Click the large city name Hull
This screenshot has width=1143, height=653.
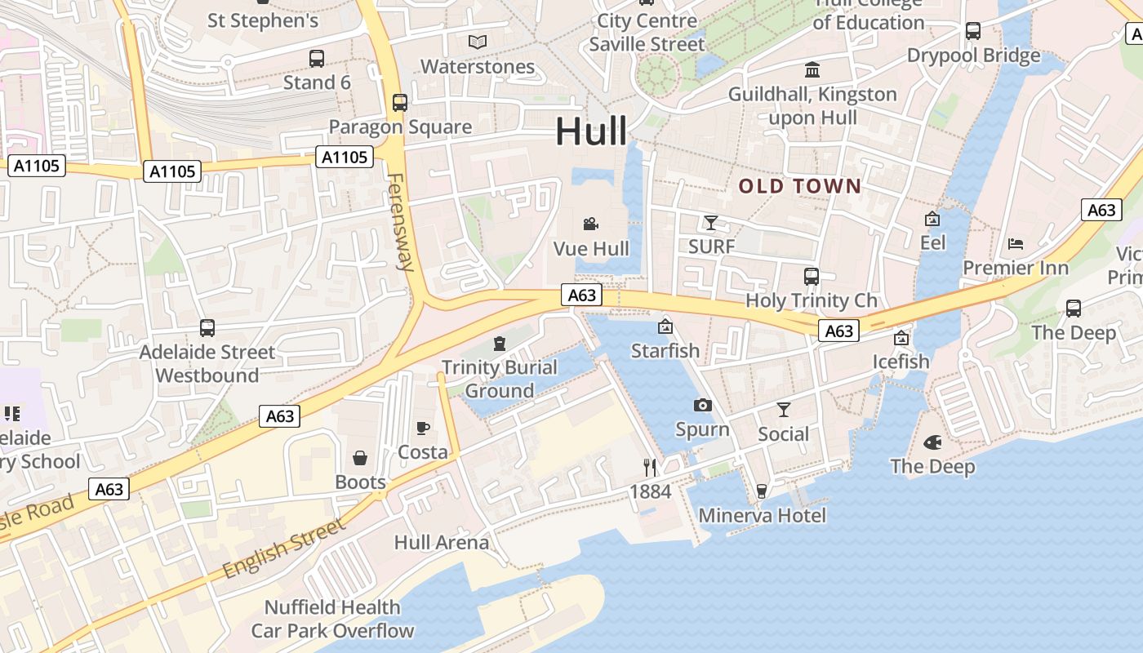[591, 131]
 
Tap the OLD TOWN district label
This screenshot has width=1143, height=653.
[800, 186]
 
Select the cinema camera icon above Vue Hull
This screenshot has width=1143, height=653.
[591, 224]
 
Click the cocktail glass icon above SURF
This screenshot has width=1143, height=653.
[711, 222]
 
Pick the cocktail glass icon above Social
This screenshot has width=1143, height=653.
[784, 410]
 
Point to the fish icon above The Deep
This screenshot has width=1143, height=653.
[932, 442]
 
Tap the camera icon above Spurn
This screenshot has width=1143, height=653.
[702, 405]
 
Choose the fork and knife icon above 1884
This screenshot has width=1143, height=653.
[650, 467]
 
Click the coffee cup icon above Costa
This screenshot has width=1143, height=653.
[423, 428]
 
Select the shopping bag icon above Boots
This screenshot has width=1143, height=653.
[360, 458]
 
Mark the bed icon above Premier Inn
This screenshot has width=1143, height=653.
[1016, 243]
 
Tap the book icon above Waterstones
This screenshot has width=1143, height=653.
[478, 42]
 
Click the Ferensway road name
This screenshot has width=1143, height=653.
[402, 221]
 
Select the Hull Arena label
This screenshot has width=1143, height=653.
[442, 542]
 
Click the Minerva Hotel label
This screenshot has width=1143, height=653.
[763, 515]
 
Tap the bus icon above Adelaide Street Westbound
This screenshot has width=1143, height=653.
[207, 328]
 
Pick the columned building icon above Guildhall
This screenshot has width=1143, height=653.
[812, 69]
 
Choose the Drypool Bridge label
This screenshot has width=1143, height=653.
[974, 56]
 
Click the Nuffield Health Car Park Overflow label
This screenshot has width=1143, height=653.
[332, 619]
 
